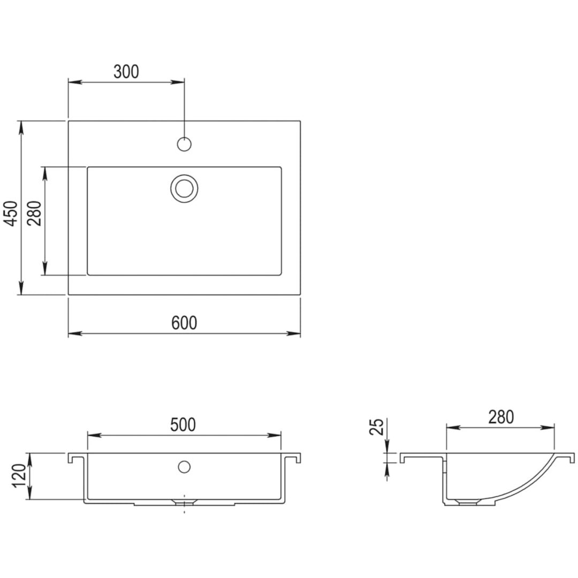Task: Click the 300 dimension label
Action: point(126,72)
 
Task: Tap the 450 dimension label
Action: point(11,214)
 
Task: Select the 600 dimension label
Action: point(184,323)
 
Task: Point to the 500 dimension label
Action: point(183,424)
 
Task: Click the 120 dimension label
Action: point(19,476)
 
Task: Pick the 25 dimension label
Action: point(377,427)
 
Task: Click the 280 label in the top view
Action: point(34,214)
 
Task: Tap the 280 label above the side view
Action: point(501,417)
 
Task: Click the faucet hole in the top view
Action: point(184,144)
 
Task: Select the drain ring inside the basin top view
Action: point(184,174)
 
